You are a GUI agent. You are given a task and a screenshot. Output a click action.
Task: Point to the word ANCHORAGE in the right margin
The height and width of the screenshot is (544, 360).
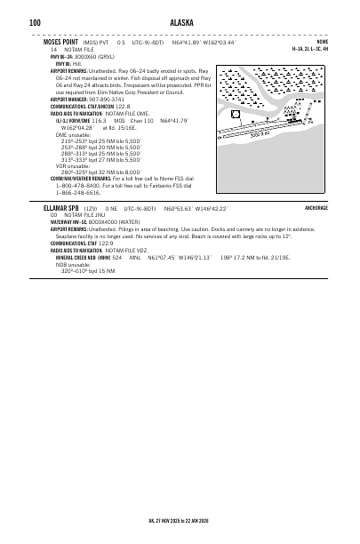coord(316,207)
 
